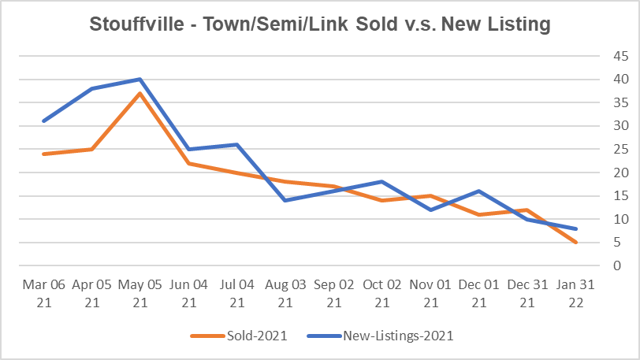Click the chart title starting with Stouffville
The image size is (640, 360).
click(x=319, y=24)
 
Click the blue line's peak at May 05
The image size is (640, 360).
click(x=140, y=79)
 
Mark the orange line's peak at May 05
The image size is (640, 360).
click(x=140, y=93)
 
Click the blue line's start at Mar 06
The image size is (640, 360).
click(x=44, y=121)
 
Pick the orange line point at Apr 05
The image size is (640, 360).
click(x=92, y=149)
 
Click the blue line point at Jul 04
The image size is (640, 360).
click(x=236, y=144)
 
